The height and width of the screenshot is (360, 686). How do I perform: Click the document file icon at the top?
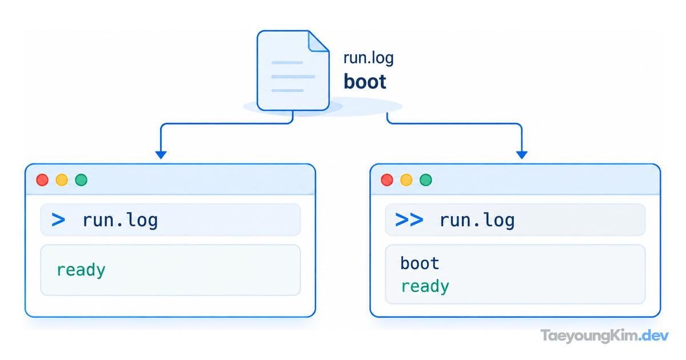[293, 70]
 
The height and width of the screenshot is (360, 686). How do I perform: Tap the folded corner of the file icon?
[318, 41]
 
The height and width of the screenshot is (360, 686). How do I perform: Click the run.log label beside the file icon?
[368, 58]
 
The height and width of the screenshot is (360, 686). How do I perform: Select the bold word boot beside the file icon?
[365, 81]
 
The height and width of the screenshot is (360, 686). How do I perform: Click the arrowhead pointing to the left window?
[161, 155]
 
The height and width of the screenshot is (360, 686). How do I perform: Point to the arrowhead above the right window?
[521, 155]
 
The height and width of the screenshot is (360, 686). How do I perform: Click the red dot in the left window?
[42, 180]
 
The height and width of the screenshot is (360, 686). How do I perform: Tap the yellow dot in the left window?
[62, 180]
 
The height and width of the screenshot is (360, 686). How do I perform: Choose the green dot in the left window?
[81, 180]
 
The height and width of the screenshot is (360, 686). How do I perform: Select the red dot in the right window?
[387, 180]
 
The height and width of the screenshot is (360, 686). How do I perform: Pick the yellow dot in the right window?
[406, 180]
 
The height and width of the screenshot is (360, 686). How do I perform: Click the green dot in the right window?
[426, 180]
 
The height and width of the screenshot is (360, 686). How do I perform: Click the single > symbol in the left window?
[58, 220]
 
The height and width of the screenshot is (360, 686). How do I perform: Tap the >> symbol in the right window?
[409, 220]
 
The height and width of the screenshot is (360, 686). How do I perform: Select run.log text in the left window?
[121, 221]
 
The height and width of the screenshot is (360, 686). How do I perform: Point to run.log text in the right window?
[477, 221]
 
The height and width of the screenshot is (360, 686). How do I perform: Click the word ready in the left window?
[81, 270]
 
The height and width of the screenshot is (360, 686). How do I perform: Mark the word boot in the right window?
[420, 263]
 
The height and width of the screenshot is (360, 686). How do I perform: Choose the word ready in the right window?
[425, 286]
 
